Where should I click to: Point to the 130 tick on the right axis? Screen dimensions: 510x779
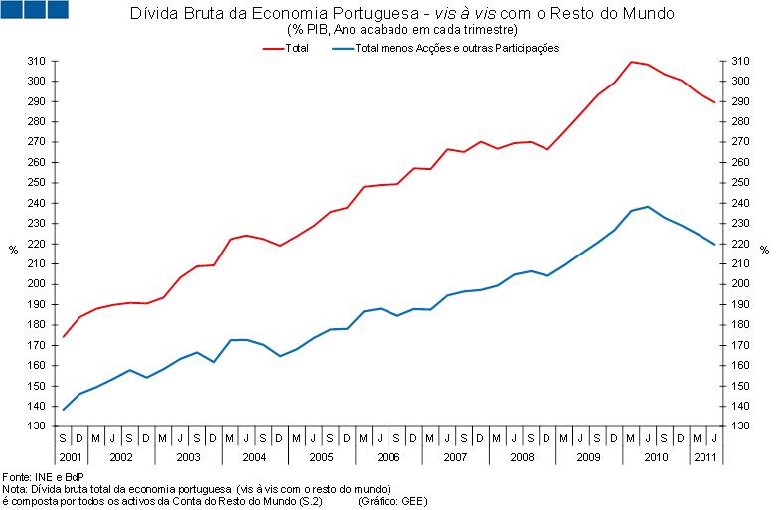point(739,425)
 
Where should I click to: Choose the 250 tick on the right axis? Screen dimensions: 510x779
point(739,182)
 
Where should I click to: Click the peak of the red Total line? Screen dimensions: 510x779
point(631,62)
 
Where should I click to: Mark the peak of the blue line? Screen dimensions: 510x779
point(648,207)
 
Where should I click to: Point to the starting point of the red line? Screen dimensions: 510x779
point(63,337)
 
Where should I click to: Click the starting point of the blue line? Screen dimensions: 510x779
point(63,410)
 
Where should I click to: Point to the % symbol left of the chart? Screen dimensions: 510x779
point(12,250)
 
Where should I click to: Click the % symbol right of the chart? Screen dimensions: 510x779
point(764,250)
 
